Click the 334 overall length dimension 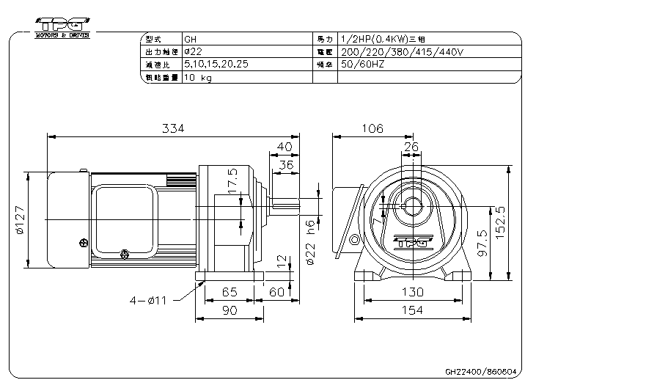[x=173, y=128]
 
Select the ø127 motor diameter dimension [x=20, y=219]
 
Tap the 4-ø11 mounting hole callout [x=151, y=299]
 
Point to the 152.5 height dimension [x=520, y=223]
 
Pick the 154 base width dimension [x=413, y=310]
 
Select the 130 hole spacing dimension [x=413, y=291]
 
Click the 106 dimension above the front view [x=372, y=128]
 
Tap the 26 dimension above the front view [x=411, y=147]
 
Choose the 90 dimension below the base [x=229, y=310]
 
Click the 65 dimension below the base [x=229, y=291]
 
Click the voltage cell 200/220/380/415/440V [x=403, y=52]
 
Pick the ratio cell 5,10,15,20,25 [x=216, y=65]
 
